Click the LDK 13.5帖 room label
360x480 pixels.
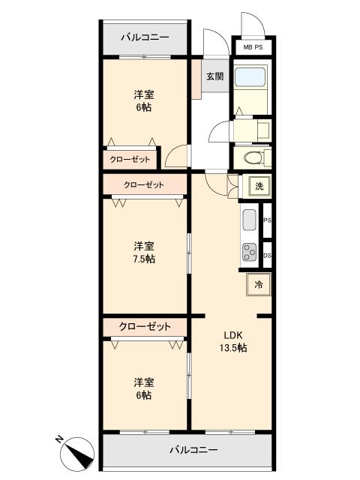(x=233, y=341)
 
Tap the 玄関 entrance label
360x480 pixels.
(x=214, y=76)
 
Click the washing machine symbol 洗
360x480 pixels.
(x=256, y=186)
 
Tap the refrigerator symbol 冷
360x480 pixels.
(x=259, y=285)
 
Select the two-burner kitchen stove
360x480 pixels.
(x=249, y=253)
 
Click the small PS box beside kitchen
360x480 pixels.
(x=267, y=220)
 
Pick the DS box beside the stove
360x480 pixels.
(x=267, y=256)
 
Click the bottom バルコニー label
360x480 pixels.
(x=193, y=451)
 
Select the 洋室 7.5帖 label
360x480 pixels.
(x=145, y=253)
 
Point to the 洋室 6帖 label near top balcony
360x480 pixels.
(x=145, y=100)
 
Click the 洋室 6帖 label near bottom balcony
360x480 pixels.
(x=145, y=388)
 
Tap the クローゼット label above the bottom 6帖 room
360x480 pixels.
(x=145, y=327)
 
